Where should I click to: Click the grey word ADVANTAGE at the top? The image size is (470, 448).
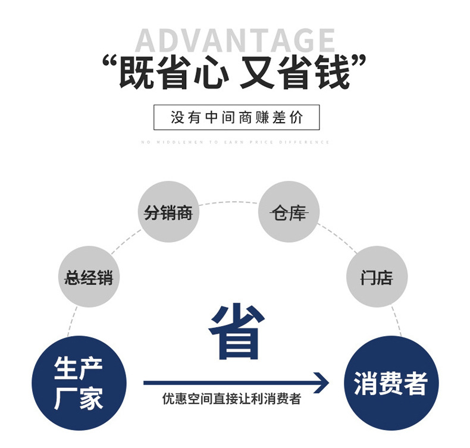pos(235,40)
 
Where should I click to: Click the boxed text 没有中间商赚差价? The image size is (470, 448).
pos(236,117)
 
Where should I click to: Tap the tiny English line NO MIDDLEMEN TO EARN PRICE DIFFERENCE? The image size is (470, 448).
pos(236,142)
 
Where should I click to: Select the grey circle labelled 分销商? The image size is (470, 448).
pos(168,212)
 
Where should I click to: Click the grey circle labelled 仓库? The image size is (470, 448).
pos(289,212)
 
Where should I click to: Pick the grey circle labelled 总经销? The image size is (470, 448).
pos(89,277)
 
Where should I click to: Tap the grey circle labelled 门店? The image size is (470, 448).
pos(377,277)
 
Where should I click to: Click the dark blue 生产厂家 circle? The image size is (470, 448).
pos(79,383)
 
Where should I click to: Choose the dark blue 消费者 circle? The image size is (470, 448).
pos(391,383)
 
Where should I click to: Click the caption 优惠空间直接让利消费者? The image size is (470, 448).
pos(231,399)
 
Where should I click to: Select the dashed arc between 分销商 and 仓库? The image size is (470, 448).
pos(228,203)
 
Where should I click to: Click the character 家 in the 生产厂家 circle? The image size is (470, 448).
pos(90,397)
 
